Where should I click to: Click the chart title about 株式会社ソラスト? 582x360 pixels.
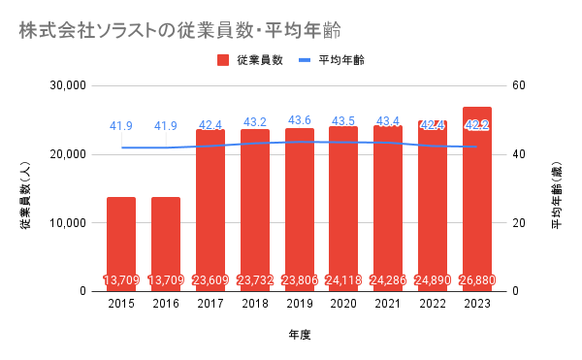[180, 30]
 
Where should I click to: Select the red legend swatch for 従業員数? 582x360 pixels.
[223, 60]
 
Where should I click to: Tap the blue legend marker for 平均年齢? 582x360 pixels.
[305, 60]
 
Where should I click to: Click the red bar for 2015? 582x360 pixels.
[121, 245]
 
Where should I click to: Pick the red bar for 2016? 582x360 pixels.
[166, 245]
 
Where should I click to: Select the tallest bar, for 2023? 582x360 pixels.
[477, 199]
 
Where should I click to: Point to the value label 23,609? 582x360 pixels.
[210, 279]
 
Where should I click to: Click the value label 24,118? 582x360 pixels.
[343, 279]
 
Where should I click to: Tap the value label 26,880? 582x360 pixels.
[477, 279]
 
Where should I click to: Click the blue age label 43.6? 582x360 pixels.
[300, 120]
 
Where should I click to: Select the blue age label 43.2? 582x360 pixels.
[255, 121]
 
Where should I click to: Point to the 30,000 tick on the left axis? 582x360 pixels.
[68, 85]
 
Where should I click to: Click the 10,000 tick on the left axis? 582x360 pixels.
[68, 223]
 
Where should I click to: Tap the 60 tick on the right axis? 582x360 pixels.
[519, 85]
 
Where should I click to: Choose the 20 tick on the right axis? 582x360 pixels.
[519, 223]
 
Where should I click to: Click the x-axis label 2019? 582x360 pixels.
[300, 304]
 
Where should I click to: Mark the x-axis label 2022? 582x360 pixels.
[433, 304]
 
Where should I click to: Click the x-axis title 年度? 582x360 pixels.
[300, 335]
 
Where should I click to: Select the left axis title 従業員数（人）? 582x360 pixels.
[25, 195]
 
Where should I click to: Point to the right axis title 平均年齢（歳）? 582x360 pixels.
[557, 195]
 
